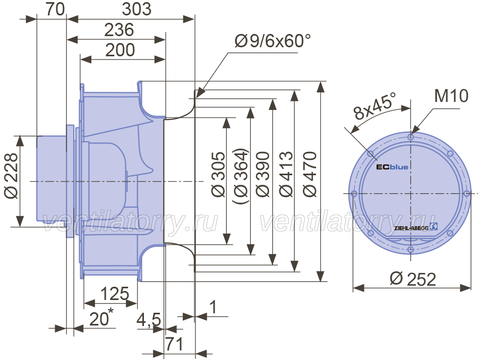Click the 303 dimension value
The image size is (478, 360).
tap(136, 9)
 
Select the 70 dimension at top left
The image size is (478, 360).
tap(55, 9)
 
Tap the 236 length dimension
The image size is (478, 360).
tap(119, 30)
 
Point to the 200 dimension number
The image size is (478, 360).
tap(120, 50)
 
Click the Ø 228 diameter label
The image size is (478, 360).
tap(11, 176)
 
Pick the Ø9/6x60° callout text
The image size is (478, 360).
tap(272, 41)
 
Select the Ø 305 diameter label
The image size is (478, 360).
tap(218, 174)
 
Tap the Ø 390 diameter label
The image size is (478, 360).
tap(263, 174)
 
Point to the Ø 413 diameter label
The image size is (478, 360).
tap(286, 174)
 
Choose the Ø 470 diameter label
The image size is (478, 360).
tap(310, 174)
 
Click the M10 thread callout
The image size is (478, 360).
tap(451, 96)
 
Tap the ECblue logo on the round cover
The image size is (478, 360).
tap(392, 167)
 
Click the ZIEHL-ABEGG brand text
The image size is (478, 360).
tap(411, 228)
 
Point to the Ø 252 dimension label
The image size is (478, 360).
tap(413, 279)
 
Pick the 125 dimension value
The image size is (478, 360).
tap(115, 294)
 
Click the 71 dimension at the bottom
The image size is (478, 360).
tap(174, 344)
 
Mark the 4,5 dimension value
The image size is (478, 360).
tap(149, 321)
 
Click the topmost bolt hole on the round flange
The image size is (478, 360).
tap(411, 137)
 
